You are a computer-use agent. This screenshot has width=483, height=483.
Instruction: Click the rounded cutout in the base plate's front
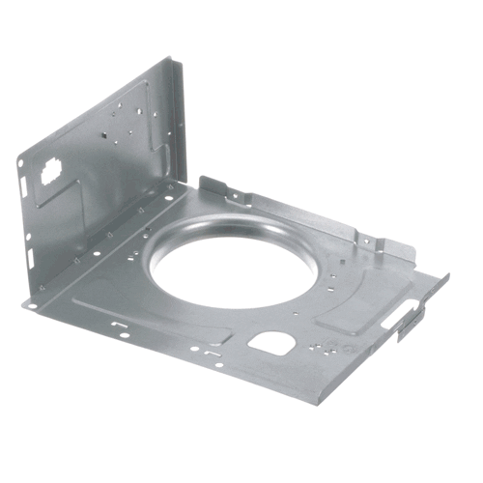pyautogui.click(x=270, y=341)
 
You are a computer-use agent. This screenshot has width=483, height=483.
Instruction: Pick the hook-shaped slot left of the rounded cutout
pyautogui.click(x=208, y=354)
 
